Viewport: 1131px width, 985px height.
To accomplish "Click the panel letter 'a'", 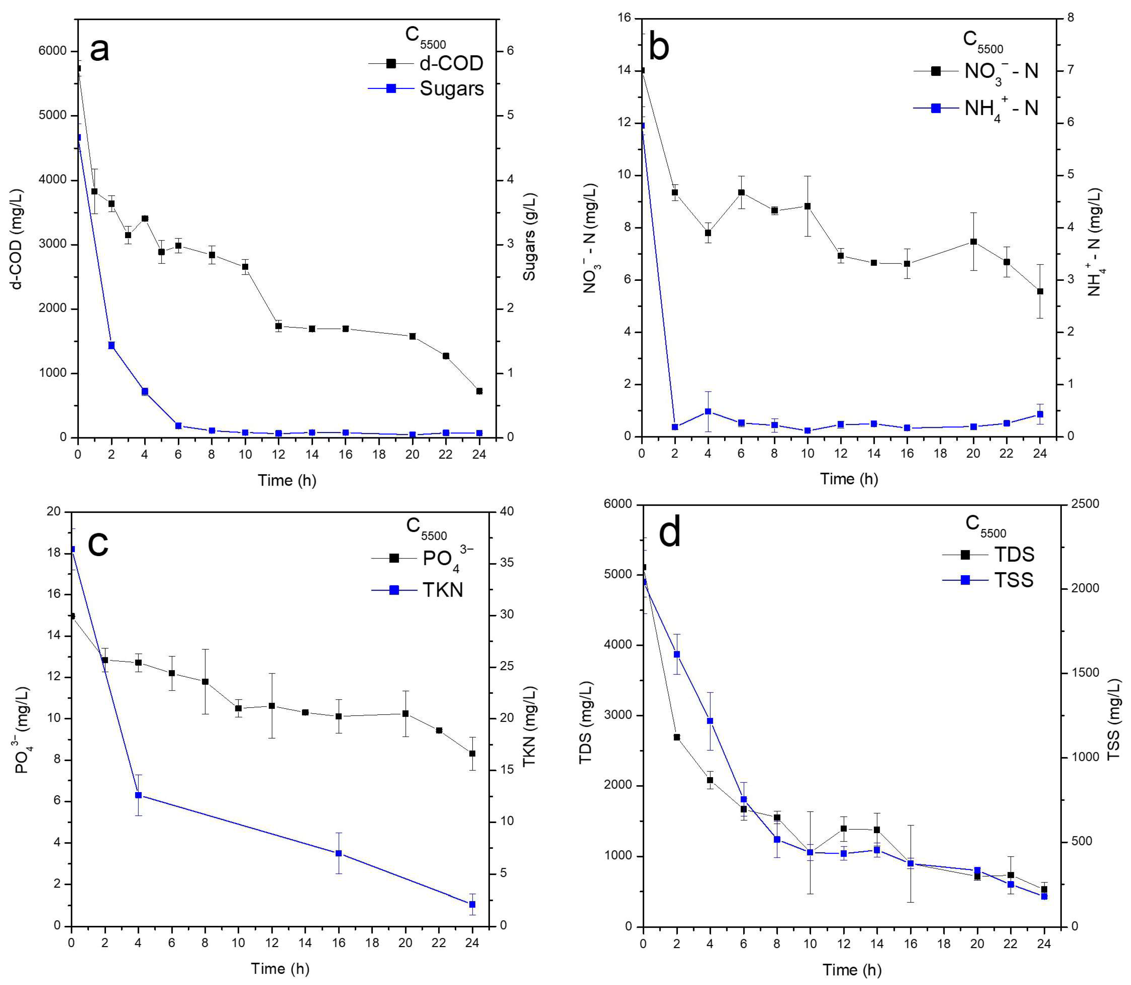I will pyautogui.click(x=99, y=50).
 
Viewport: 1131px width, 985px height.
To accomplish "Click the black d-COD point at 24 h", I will pyautogui.click(x=479, y=391).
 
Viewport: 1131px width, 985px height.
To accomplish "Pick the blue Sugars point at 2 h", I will pyautogui.click(x=112, y=345).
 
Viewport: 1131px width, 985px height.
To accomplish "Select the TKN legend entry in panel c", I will pyautogui.click(x=442, y=590).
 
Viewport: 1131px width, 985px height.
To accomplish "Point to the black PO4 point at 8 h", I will pyautogui.click(x=205, y=682).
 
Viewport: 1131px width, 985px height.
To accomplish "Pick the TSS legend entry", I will pyautogui.click(x=1014, y=580).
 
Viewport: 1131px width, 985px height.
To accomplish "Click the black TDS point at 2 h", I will pyautogui.click(x=677, y=737).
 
